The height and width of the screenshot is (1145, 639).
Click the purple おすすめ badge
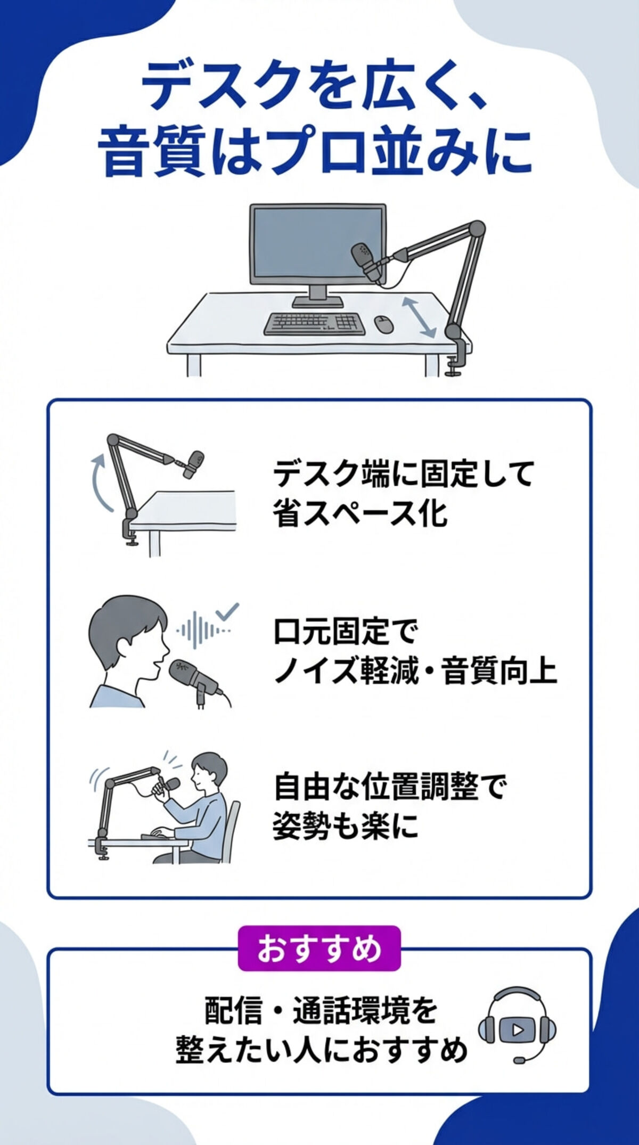[319, 948]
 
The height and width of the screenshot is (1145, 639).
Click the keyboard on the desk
[315, 323]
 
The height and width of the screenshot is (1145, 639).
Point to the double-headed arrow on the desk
[419, 317]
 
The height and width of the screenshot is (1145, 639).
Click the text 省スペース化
[360, 513]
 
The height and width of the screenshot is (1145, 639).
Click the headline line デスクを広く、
[314, 85]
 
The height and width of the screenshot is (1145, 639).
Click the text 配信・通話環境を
[321, 1010]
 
